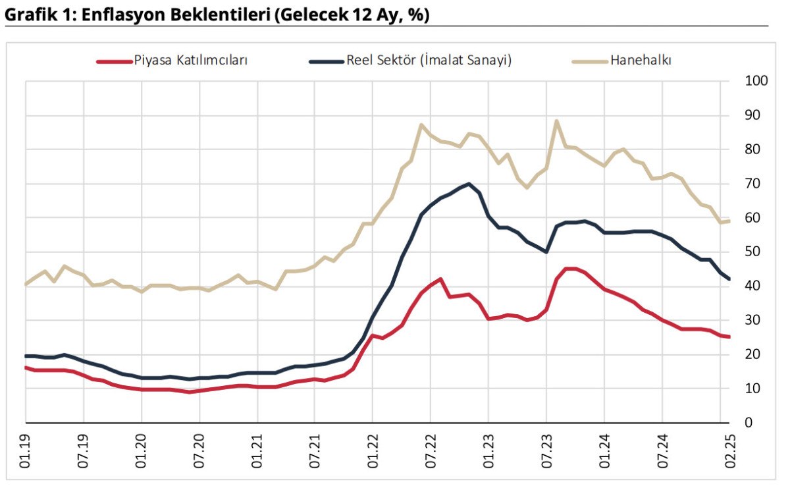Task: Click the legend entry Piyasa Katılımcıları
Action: (190, 61)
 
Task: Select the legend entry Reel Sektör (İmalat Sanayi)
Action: (429, 61)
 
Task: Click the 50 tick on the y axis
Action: (750, 252)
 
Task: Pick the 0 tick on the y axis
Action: (747, 423)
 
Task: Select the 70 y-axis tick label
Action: (750, 183)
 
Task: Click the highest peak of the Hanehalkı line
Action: (556, 121)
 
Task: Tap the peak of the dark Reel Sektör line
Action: (468, 184)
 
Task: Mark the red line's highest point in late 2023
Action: (569, 268)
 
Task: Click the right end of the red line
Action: (729, 337)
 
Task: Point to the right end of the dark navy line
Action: (729, 279)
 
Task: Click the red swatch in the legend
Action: (113, 61)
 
